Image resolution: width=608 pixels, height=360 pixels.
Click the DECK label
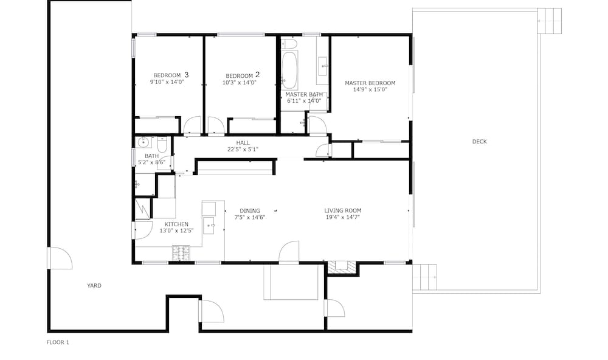pyautogui.click(x=479, y=142)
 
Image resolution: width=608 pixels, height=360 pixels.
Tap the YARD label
pyautogui.click(x=94, y=286)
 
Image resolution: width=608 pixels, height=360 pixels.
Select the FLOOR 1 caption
pyautogui.click(x=58, y=342)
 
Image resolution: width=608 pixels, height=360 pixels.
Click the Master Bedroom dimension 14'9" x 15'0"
pyautogui.click(x=370, y=89)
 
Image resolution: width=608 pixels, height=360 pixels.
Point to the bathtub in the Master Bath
pyautogui.click(x=289, y=70)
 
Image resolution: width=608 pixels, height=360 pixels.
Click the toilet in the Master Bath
pyautogui.click(x=288, y=43)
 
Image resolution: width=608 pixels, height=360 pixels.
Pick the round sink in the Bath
pyautogui.click(x=144, y=142)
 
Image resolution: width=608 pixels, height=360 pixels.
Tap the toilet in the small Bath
pyautogui.click(x=162, y=144)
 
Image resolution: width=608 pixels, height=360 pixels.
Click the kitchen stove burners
pyautogui.click(x=181, y=253)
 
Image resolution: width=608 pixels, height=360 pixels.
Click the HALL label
pyautogui.click(x=243, y=143)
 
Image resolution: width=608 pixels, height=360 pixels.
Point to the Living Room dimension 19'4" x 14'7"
pyautogui.click(x=343, y=217)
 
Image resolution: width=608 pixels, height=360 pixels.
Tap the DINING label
pyautogui.click(x=250, y=211)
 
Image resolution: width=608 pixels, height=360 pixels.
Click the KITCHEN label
pyautogui.click(x=176, y=224)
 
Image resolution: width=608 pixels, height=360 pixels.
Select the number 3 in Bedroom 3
pyautogui.click(x=187, y=74)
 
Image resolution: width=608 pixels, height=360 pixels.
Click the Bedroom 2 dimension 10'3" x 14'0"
pyautogui.click(x=239, y=83)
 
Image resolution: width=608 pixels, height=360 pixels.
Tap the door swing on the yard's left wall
pyautogui.click(x=60, y=258)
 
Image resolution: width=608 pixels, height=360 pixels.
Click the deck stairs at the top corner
pyautogui.click(x=549, y=21)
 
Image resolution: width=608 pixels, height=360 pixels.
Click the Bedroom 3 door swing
pyautogui.click(x=192, y=125)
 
